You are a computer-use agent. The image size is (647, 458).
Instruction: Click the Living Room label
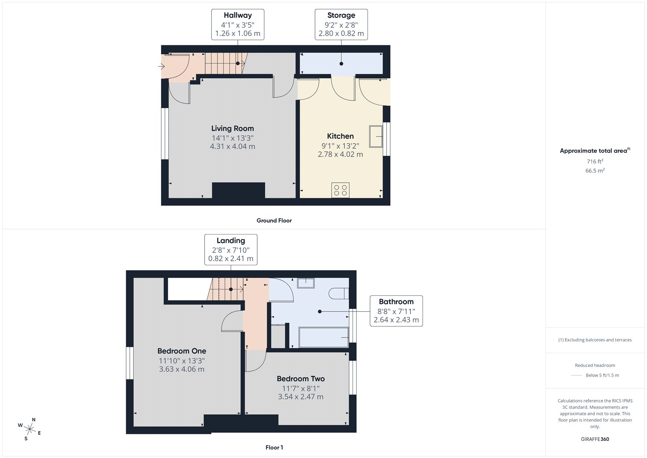[233, 128]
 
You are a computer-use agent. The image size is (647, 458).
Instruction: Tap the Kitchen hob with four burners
[340, 190]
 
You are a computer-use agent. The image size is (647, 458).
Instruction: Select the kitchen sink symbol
[376, 136]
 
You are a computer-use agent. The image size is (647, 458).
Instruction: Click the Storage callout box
[341, 24]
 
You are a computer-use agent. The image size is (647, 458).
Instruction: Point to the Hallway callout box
[238, 24]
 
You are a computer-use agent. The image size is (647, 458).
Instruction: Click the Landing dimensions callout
[230, 249]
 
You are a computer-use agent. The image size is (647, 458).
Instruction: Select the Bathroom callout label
[396, 302]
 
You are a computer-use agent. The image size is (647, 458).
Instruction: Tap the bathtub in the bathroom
[323, 337]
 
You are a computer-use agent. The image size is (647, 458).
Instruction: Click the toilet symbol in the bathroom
[339, 293]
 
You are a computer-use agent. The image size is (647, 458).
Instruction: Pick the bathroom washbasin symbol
[306, 283]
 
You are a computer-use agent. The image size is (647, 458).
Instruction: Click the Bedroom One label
[182, 351]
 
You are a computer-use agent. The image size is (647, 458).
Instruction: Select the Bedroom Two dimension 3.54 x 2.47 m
[300, 397]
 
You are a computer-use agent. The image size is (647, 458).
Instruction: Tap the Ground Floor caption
[274, 221]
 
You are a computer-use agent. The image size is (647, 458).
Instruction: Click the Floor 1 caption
[274, 447]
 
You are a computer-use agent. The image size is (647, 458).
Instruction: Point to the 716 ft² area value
[595, 162]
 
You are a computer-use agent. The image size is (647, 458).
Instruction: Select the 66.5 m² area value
[595, 171]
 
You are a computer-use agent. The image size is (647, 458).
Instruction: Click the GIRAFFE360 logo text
[595, 439]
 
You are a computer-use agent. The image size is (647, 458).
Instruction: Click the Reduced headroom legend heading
[595, 365]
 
